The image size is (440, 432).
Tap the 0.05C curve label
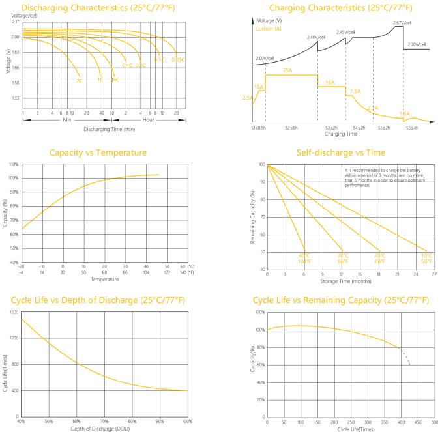177,60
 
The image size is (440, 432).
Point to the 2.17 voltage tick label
15,22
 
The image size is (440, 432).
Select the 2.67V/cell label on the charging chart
402,23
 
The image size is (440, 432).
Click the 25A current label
287,70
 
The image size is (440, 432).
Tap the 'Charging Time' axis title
340,134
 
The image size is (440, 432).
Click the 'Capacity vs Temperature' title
98,153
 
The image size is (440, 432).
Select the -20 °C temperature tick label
21,266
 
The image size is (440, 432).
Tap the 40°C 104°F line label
303,258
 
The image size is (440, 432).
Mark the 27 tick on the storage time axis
434,274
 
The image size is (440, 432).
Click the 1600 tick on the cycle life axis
13,312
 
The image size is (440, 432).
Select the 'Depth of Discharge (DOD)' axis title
104,427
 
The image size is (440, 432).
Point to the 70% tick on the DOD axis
104,422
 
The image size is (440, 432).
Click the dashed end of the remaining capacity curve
406,357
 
